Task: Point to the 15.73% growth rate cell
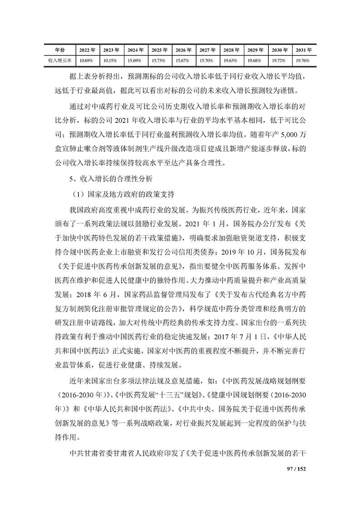158,60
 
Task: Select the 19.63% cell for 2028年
231,60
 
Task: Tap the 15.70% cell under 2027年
207,60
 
